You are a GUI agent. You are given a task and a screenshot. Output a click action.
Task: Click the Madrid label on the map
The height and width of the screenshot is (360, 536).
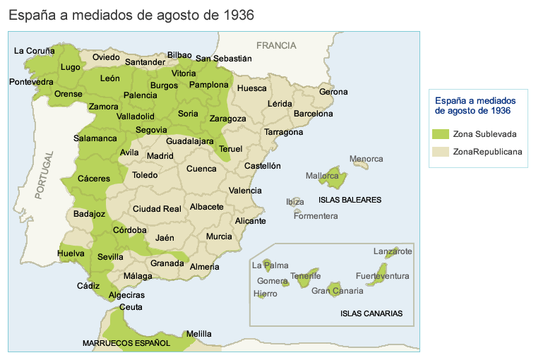click(x=160, y=156)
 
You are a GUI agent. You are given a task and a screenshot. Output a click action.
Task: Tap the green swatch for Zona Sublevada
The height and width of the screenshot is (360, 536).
click(x=441, y=133)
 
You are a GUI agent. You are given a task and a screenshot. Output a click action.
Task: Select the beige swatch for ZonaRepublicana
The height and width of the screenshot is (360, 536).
click(x=441, y=151)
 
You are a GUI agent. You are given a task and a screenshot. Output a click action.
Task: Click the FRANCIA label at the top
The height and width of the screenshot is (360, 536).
click(x=276, y=45)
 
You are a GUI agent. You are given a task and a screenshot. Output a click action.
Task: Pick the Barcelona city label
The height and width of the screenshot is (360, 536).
click(x=313, y=113)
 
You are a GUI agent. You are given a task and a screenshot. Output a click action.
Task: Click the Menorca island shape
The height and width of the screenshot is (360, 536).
click(x=361, y=164)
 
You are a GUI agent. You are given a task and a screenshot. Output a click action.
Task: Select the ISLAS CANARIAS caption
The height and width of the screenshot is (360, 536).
click(x=371, y=313)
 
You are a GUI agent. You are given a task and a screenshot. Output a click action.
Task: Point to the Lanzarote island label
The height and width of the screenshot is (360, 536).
click(x=393, y=251)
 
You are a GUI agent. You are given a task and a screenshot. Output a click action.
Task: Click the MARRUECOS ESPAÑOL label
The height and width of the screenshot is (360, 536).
click(x=126, y=343)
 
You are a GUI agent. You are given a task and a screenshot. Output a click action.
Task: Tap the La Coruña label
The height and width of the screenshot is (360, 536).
click(x=35, y=51)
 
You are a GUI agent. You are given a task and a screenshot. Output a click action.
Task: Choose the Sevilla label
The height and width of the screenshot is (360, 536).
click(x=111, y=257)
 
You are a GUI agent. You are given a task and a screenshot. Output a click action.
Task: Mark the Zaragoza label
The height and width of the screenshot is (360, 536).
click(x=227, y=119)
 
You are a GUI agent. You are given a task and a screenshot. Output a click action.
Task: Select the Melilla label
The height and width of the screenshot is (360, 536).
click(x=198, y=334)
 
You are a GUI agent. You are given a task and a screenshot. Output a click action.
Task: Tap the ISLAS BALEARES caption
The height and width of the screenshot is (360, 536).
click(x=350, y=200)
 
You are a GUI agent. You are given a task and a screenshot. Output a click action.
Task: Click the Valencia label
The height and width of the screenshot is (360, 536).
click(x=245, y=191)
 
